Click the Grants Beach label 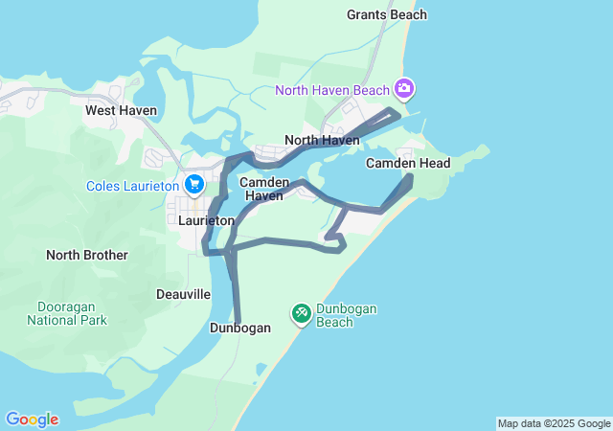[x=387, y=14]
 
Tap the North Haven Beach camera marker [x=404, y=90]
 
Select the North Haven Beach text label [x=331, y=91]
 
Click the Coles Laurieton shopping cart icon [x=194, y=185]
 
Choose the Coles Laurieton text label [x=133, y=186]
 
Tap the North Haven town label [x=322, y=140]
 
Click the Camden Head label [x=408, y=164]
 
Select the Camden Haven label [x=262, y=188]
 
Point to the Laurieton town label [x=207, y=220]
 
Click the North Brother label [x=86, y=255]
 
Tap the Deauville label [x=183, y=294]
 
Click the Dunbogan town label [x=239, y=328]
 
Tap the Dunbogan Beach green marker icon [x=301, y=313]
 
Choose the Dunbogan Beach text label [x=348, y=315]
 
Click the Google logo [x=32, y=420]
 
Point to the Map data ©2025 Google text [x=554, y=423]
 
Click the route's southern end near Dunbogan [x=237, y=321]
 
